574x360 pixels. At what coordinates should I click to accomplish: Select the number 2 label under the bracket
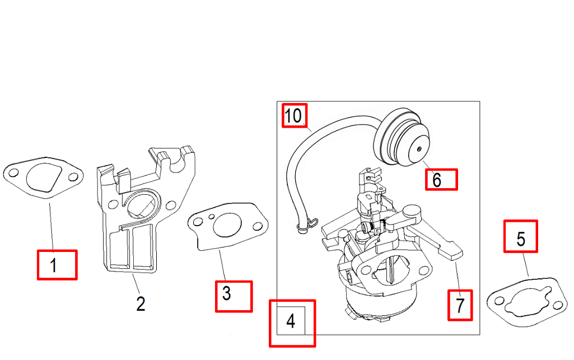click(x=141, y=303)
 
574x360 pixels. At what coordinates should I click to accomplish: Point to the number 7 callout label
click(x=460, y=305)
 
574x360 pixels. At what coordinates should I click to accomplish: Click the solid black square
click(x=20, y=107)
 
